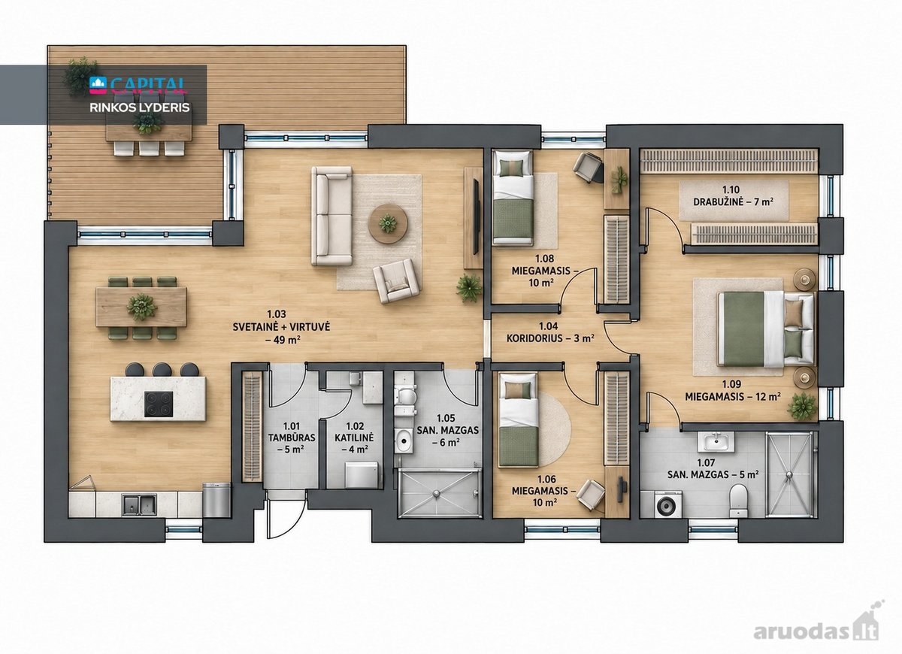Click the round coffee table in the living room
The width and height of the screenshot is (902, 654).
click(388, 223)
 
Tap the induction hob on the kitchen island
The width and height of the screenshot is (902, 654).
click(159, 404)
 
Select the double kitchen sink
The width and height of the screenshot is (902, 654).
click(139, 504)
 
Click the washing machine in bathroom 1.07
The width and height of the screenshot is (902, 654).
click(668, 504)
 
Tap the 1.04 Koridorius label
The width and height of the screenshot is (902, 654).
click(550, 332)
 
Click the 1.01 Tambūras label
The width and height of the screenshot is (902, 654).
click(292, 438)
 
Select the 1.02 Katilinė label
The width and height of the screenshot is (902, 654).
click(354, 438)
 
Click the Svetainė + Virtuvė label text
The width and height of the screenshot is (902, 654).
click(281, 326)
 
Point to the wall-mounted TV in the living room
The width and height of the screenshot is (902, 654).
click(476, 217)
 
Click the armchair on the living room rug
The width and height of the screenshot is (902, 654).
click(397, 280)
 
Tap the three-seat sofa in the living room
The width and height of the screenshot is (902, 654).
click(331, 216)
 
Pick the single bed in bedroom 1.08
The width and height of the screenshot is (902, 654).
click(513, 197)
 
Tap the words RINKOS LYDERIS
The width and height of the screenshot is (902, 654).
click(139, 107)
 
